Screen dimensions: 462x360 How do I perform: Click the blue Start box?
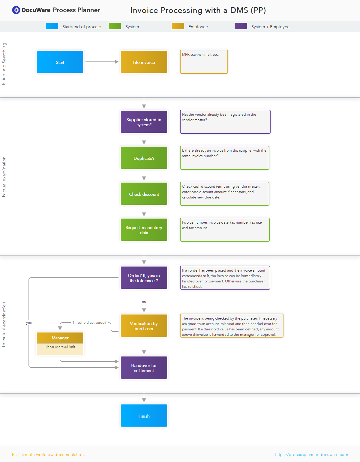click(60, 62)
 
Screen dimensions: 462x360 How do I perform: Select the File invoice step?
click(144, 62)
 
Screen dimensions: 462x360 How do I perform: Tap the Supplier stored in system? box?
click(144, 122)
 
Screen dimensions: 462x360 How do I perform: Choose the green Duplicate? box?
click(144, 158)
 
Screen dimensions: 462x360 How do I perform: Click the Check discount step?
click(144, 194)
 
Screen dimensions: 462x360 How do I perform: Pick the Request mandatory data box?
click(144, 230)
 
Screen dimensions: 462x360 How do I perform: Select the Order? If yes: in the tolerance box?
click(144, 278)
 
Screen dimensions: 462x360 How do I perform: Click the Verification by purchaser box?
click(144, 326)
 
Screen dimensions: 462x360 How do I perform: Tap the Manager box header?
click(60, 338)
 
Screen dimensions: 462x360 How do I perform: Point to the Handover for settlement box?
click(144, 368)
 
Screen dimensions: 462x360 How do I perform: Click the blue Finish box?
click(144, 416)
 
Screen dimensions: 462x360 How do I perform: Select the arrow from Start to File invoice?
click(102, 62)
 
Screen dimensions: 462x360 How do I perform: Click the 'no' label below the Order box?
click(144, 302)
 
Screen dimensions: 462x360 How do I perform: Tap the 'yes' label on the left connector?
click(29, 323)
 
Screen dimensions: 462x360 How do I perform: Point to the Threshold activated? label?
click(89, 323)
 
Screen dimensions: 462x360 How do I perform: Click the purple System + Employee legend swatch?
click(241, 26)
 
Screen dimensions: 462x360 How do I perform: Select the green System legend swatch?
click(115, 26)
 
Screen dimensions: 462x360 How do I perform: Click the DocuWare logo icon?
click(16, 10)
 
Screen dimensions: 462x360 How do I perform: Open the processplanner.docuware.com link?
click(311, 455)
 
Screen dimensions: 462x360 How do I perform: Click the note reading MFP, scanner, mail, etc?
click(204, 62)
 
